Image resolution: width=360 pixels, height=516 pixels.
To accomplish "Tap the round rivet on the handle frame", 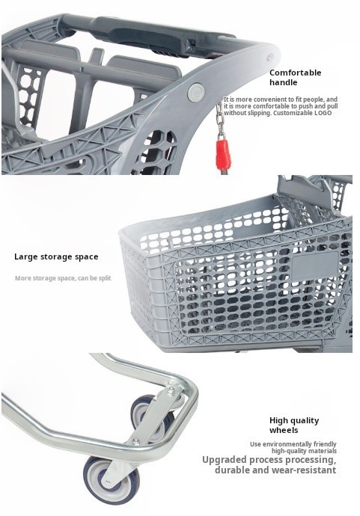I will [196, 92].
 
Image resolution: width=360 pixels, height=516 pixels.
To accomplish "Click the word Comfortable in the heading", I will [295, 73].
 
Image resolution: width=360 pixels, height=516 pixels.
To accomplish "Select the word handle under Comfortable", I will [284, 82].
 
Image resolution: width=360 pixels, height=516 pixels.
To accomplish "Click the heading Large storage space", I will [56, 257].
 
